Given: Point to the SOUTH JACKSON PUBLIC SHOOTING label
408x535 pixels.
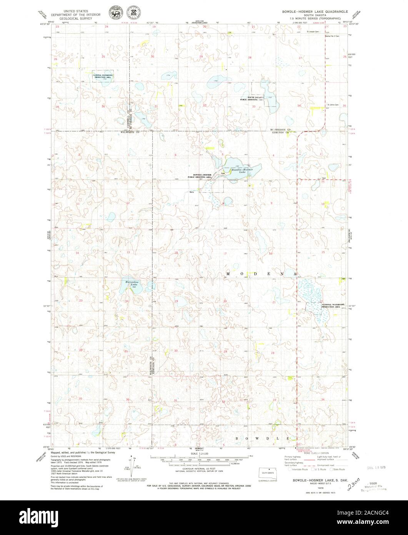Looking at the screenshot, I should (x=251, y=99).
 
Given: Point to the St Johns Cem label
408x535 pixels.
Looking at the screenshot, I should (x=333, y=105).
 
